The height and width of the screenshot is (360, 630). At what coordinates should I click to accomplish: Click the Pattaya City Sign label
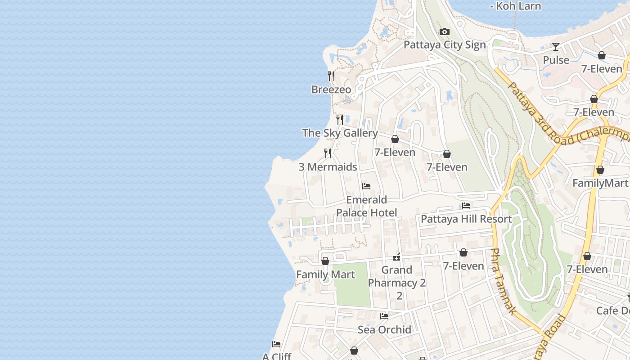pyautogui.click(x=445, y=45)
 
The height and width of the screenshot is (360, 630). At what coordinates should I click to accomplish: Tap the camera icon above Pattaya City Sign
pyautogui.click(x=445, y=31)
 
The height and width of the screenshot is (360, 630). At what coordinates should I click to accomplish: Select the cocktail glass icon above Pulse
pyautogui.click(x=556, y=47)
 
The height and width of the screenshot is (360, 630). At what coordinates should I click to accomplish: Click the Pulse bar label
pyautogui.click(x=556, y=60)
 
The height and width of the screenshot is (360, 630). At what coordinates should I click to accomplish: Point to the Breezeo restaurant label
pyautogui.click(x=331, y=90)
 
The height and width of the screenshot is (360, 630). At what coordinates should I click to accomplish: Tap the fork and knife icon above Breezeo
pyautogui.click(x=331, y=76)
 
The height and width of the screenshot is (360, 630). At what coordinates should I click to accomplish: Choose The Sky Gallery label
pyautogui.click(x=340, y=133)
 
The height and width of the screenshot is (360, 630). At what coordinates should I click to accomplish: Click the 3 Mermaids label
pyautogui.click(x=328, y=167)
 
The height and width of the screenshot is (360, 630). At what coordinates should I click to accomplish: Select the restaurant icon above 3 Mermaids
pyautogui.click(x=328, y=153)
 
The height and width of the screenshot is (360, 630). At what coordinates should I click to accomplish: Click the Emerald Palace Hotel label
pyautogui.click(x=366, y=206)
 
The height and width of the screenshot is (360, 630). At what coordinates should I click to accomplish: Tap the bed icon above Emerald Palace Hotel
pyautogui.click(x=366, y=186)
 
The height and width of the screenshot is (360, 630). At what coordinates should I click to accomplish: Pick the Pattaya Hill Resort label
pyautogui.click(x=466, y=219)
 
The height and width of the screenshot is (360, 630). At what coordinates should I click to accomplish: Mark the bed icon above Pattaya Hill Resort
pyautogui.click(x=466, y=206)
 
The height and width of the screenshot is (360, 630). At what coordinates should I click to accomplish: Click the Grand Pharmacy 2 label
pyautogui.click(x=397, y=276)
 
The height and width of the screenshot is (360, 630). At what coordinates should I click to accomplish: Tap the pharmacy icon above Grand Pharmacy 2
pyautogui.click(x=396, y=257)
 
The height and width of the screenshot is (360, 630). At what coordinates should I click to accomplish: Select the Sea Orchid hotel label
pyautogui.click(x=384, y=329)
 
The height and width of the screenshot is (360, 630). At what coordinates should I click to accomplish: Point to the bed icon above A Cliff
pyautogui.click(x=276, y=344)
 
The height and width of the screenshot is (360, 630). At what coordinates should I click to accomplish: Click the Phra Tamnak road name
pyautogui.click(x=502, y=281)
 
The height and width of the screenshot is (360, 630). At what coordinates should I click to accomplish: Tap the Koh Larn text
pyautogui.click(x=515, y=6)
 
